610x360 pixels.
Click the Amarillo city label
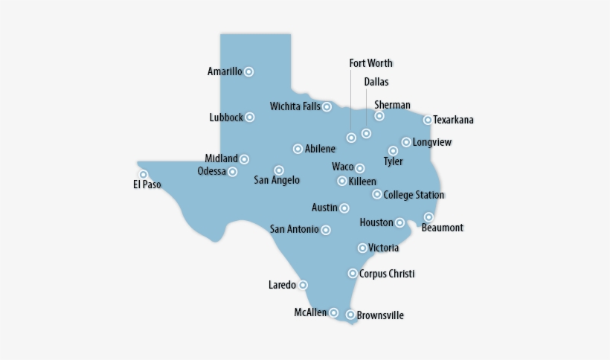pyautogui.click(x=225, y=72)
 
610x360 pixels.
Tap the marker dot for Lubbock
pyautogui.click(x=250, y=118)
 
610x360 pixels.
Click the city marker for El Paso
pyautogui.click(x=144, y=175)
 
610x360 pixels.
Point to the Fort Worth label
pyautogui.click(x=370, y=63)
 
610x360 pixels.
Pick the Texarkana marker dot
pyautogui.click(x=428, y=120)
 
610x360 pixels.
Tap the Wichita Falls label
pyautogui.click(x=295, y=106)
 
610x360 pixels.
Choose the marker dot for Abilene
pyautogui.click(x=298, y=149)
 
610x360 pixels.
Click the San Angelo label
pyautogui.click(x=277, y=180)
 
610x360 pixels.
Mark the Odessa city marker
pyautogui.click(x=233, y=172)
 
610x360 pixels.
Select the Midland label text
pyautogui.click(x=222, y=158)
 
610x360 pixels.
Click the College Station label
pyautogui.click(x=414, y=195)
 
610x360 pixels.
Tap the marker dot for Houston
pyautogui.click(x=399, y=222)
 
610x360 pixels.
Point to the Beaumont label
pyautogui.click(x=442, y=228)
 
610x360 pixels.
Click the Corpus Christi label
pyautogui.click(x=387, y=274)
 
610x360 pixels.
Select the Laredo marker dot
pyautogui.click(x=303, y=285)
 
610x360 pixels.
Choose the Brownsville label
pyautogui.click(x=380, y=315)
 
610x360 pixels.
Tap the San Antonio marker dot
pyautogui.click(x=326, y=230)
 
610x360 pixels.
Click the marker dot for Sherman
pyautogui.click(x=379, y=116)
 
